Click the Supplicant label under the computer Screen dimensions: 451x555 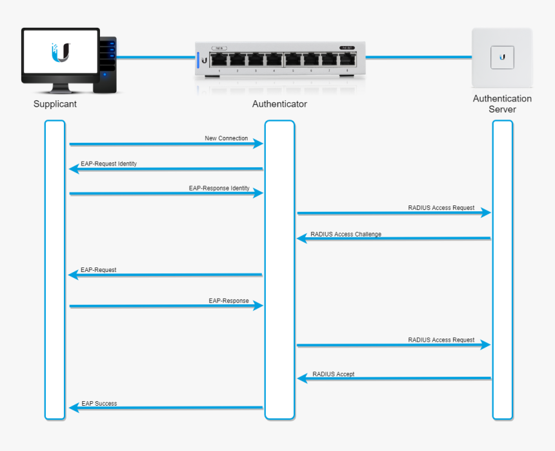pos(55,103)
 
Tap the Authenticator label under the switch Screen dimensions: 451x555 pos(279,103)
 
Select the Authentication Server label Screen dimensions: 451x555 pos(502,104)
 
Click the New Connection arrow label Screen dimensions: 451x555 pos(226,138)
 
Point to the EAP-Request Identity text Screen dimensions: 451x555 pos(108,163)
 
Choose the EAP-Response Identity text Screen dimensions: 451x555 pos(219,188)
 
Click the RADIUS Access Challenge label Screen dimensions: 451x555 pos(345,234)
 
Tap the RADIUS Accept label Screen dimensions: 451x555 pos(333,374)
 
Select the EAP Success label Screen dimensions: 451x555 pos(99,404)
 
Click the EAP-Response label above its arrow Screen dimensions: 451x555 pos(228,301)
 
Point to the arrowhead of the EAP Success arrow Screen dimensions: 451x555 pos(73,408)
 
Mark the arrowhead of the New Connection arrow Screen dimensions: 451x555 pos(259,143)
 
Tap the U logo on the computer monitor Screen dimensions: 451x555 pos(60,52)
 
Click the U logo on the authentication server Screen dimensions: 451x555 pos(502,57)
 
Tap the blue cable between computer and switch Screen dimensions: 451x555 pos(155,57)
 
